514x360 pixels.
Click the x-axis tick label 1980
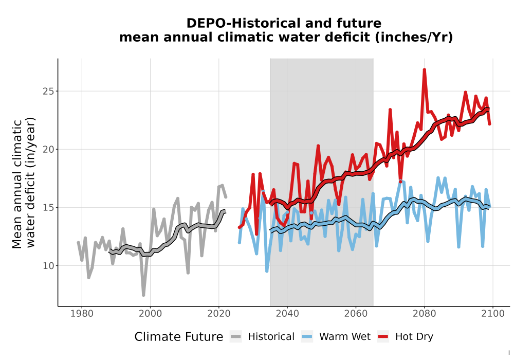point(82,313)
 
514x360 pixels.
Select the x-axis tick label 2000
point(150,313)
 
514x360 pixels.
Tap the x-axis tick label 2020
point(218,313)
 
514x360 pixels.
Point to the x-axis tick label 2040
point(287,313)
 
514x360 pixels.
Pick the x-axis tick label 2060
point(356,313)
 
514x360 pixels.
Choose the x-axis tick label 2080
point(424,313)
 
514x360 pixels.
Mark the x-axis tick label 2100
point(493,313)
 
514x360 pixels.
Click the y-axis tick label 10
point(48,265)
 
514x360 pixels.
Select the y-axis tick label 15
point(48,208)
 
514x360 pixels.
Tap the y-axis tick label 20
point(48,149)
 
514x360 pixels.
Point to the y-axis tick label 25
point(48,91)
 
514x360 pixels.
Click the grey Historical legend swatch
point(235,336)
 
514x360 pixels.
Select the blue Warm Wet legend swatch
point(307,336)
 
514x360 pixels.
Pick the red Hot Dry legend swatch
point(383,336)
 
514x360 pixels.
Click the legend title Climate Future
point(179,337)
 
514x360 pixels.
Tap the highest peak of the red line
point(424,69)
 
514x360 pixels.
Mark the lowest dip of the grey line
point(143,295)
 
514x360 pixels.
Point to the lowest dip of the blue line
point(267,271)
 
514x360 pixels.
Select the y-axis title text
point(23,183)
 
